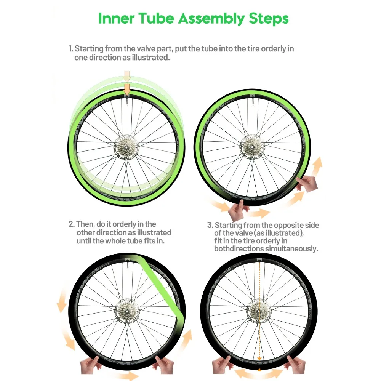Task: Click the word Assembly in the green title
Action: tap(211, 19)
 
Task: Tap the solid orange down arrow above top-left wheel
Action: tap(127, 90)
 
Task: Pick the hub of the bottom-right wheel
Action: tap(259, 311)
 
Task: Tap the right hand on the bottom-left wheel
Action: tap(164, 365)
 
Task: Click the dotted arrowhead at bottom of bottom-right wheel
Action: tap(259, 359)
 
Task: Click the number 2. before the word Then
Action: tap(72, 224)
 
